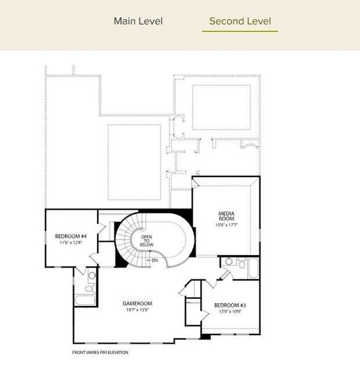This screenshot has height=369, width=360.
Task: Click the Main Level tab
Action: pos(138,21)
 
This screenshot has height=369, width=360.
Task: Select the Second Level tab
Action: pos(240,21)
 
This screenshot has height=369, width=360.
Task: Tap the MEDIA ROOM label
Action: pos(227,216)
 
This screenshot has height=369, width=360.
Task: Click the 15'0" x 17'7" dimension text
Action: pos(227,224)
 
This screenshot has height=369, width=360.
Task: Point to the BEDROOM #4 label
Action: pos(71,236)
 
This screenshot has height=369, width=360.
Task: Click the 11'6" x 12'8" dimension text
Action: pos(71,243)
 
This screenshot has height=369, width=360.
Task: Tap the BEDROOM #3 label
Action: pos(230,306)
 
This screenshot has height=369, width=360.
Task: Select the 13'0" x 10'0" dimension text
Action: pos(230,312)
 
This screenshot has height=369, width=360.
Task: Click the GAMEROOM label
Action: pos(137,303)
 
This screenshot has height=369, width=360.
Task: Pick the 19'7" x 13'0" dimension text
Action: pos(137,310)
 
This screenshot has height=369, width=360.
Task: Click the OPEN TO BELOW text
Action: pos(146,240)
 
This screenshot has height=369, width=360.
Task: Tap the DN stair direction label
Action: pos(154,260)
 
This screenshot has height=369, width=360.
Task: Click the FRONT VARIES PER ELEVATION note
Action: pos(100,352)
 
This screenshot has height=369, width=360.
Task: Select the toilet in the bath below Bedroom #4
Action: pos(88,288)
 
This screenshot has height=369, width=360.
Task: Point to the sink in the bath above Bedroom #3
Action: pos(229,261)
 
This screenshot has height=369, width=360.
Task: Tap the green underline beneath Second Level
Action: pos(240,31)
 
